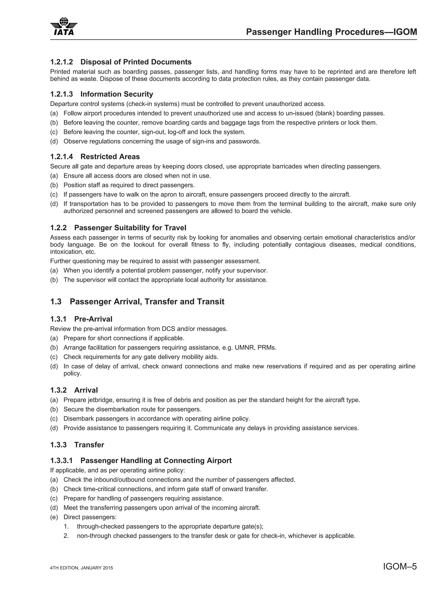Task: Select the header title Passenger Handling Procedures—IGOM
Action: [x=331, y=32]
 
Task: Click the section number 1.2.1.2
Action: [x=61, y=62]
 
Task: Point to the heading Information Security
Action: [x=117, y=94]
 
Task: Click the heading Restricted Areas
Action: [x=110, y=157]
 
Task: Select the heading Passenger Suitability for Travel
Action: [x=130, y=228]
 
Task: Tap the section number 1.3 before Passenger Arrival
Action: [x=56, y=302]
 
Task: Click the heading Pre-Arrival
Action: [x=93, y=319]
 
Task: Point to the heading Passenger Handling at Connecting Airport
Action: [x=156, y=461]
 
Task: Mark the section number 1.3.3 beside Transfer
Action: [x=58, y=445]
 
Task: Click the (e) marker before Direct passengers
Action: [x=54, y=517]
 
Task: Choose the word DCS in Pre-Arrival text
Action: [x=168, y=329]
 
